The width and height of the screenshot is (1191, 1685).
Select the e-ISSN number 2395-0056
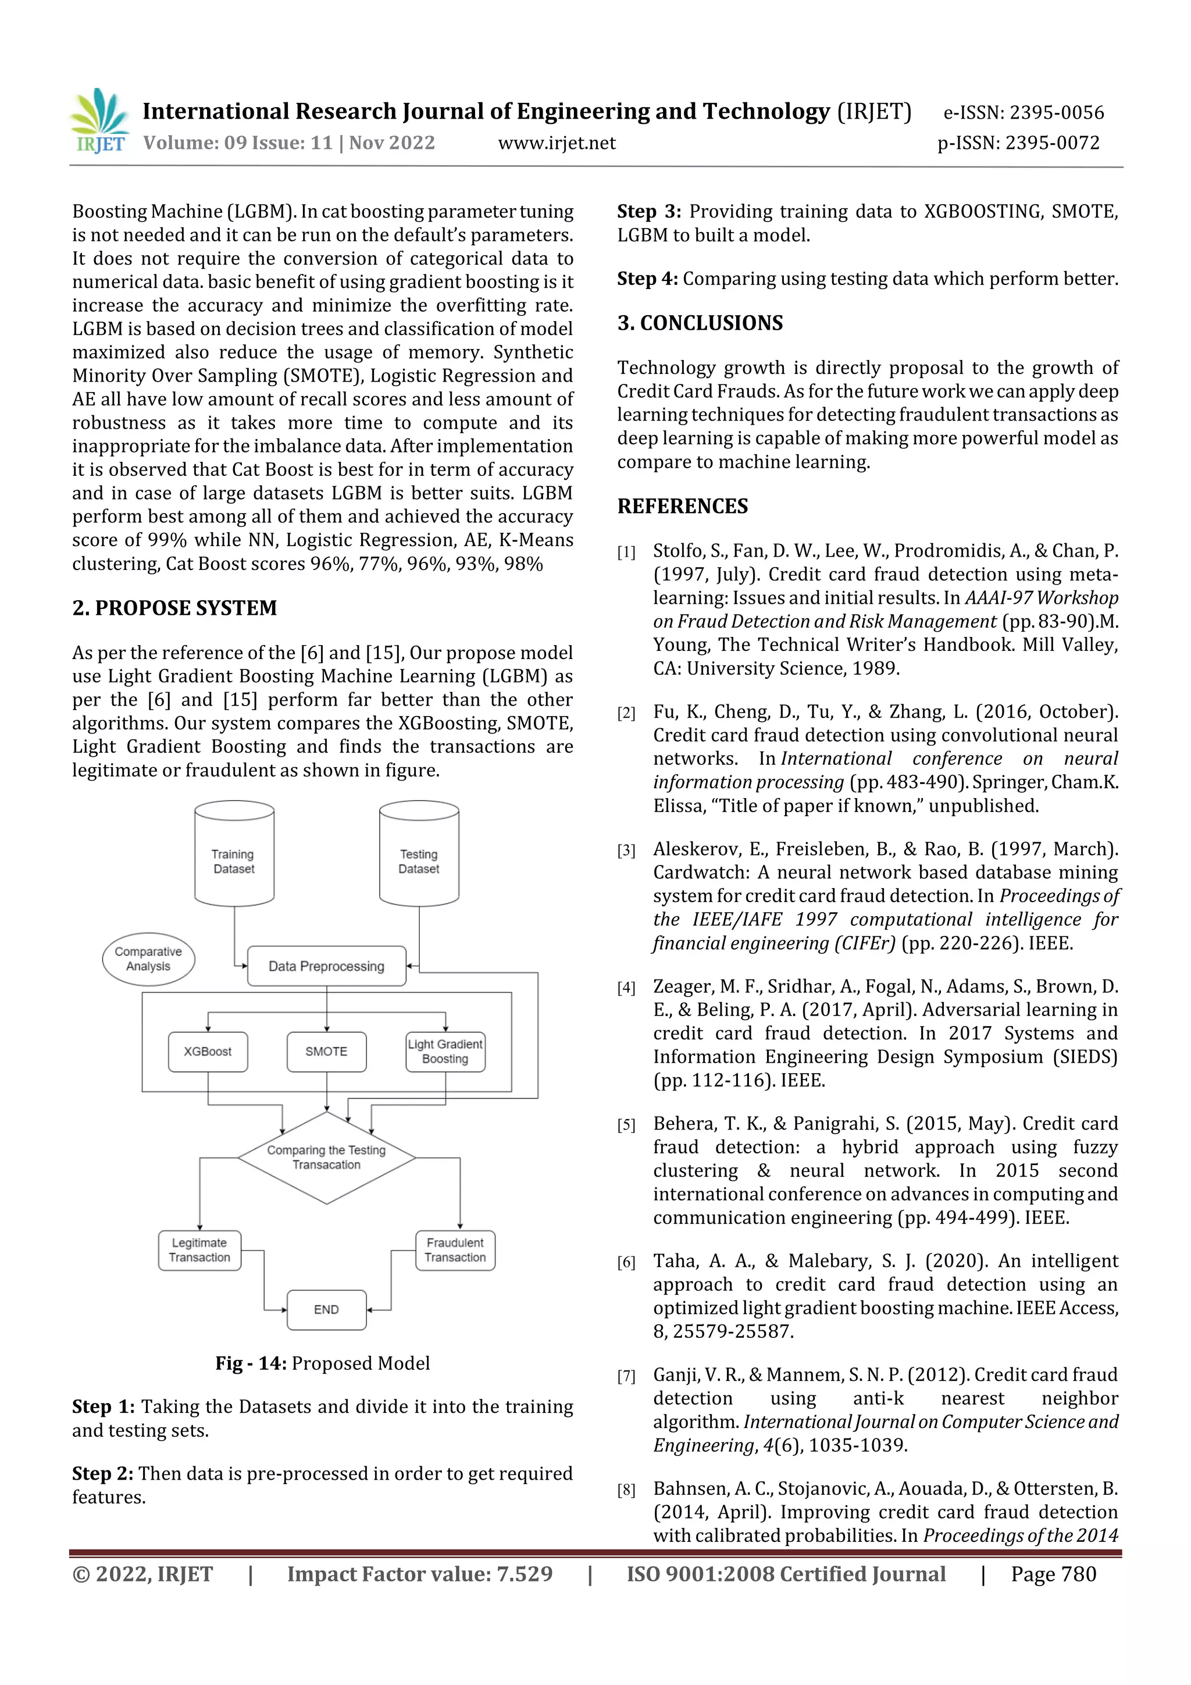click(x=1024, y=112)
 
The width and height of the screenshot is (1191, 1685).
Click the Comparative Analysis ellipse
click(x=148, y=959)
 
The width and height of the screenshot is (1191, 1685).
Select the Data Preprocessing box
click(x=327, y=966)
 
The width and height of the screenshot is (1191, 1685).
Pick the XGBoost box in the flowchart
click(x=208, y=1052)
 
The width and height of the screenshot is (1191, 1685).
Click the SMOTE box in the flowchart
click(x=327, y=1052)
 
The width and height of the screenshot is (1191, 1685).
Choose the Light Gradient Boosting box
click(x=445, y=1052)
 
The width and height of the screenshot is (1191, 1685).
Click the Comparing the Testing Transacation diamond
click(x=327, y=1157)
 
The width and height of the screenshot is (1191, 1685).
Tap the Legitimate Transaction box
click(x=199, y=1250)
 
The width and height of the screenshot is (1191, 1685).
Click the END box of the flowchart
click(x=327, y=1309)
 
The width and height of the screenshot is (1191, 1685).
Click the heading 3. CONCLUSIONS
click(x=700, y=323)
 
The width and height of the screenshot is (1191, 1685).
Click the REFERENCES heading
click(x=683, y=507)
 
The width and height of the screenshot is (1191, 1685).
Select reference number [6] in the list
click(x=626, y=1262)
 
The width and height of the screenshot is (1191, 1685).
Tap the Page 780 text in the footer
click(x=1053, y=1574)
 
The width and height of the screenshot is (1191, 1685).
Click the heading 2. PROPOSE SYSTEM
click(x=174, y=608)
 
